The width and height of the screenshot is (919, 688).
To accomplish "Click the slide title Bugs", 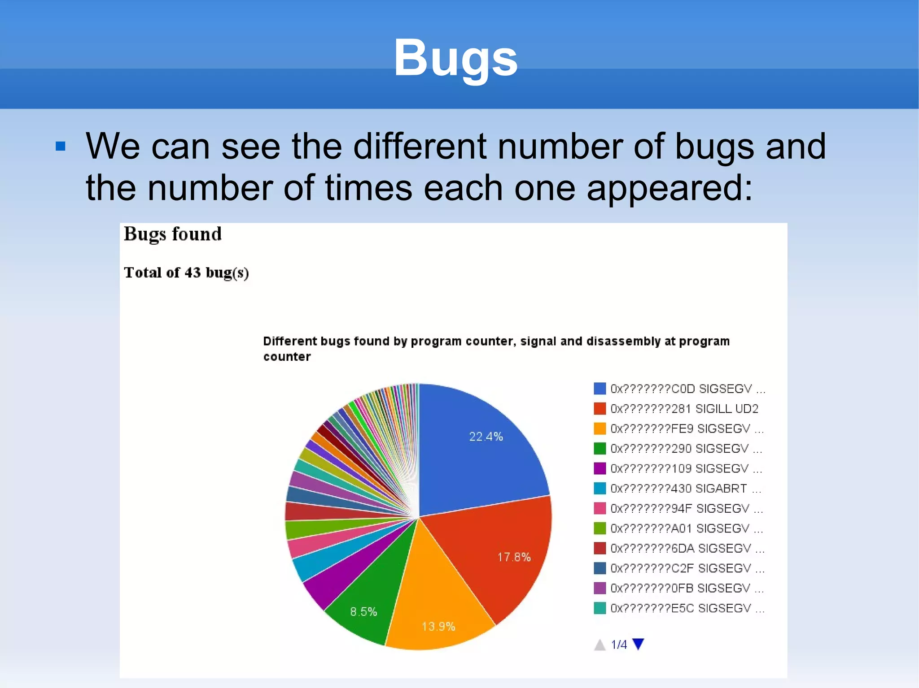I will click(x=455, y=58).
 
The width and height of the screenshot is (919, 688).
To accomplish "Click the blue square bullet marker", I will click(x=61, y=147).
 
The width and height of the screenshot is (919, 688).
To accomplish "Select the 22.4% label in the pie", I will click(x=486, y=437).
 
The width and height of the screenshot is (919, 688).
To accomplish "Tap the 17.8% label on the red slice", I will click(x=514, y=557).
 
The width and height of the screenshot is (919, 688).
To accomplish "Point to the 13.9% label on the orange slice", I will click(x=438, y=626).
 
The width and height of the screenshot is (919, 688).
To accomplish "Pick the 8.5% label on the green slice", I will click(x=363, y=612).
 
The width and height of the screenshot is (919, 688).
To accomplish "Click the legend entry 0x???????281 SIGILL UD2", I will click(x=684, y=409).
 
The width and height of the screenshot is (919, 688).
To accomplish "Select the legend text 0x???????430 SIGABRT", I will click(x=678, y=489).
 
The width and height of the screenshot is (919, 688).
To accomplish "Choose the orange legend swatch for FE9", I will click(x=600, y=429).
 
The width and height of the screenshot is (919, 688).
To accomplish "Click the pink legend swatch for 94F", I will click(x=600, y=509).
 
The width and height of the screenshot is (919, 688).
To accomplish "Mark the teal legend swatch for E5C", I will click(x=600, y=608).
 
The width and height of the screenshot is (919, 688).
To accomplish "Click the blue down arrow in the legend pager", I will click(x=638, y=644).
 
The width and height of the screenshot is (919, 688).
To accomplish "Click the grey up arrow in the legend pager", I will click(x=600, y=645).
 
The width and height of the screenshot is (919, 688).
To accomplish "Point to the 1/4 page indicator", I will click(x=619, y=645).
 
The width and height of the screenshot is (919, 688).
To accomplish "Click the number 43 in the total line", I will click(x=193, y=273).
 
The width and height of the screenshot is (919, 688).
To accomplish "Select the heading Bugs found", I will click(x=173, y=234).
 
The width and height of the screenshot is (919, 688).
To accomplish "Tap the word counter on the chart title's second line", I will click(x=287, y=357).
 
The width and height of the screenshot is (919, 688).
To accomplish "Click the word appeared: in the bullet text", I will click(x=670, y=188).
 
